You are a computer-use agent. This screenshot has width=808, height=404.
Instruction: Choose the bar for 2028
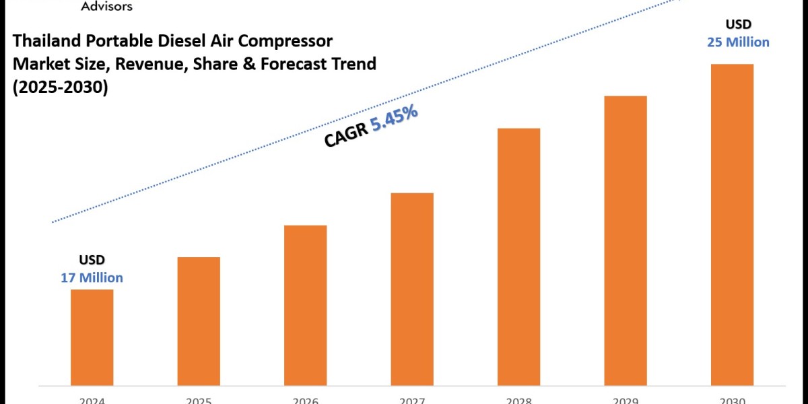pyautogui.click(x=518, y=256)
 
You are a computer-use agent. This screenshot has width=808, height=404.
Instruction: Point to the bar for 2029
pyautogui.click(x=626, y=240)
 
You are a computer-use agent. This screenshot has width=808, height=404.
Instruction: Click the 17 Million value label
pyautogui.click(x=92, y=277)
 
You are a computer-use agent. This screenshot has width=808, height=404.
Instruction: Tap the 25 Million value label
pyautogui.click(x=738, y=42)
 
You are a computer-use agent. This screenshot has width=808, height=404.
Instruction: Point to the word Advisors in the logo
pyautogui.click(x=106, y=6)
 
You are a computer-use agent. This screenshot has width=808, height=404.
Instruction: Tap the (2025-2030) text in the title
pyautogui.click(x=61, y=88)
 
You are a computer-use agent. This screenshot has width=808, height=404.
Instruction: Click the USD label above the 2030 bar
pyautogui.click(x=739, y=24)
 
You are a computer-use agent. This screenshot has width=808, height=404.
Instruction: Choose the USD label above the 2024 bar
pyautogui.click(x=92, y=260)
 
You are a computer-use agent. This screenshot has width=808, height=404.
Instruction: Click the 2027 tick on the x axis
pyautogui.click(x=412, y=400)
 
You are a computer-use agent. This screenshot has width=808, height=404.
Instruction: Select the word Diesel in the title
pyautogui.click(x=176, y=42)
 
